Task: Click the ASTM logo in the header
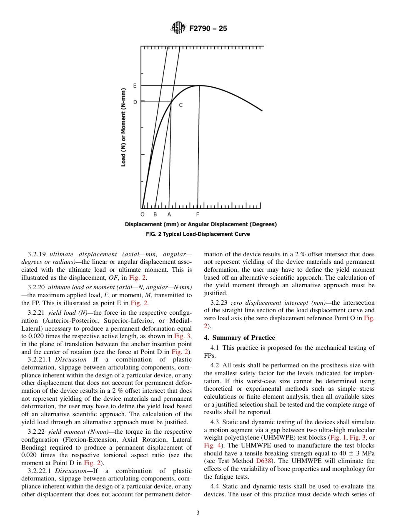point(178,28)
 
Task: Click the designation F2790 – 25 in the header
point(208,29)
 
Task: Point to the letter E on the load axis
point(135,86)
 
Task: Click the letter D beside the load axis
point(135,102)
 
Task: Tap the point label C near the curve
point(180,106)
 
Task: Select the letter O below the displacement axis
point(143,215)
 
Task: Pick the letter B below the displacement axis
point(155,215)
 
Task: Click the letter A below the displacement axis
point(169,215)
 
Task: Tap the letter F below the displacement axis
point(198,215)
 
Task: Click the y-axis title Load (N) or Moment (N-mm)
point(123,127)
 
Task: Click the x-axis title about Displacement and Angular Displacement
point(201,225)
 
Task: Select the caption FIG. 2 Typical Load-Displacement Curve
point(198,234)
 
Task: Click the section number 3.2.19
point(37,254)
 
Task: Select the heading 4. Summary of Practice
point(239,337)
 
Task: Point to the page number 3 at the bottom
point(198,513)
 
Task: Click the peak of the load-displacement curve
point(199,86)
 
